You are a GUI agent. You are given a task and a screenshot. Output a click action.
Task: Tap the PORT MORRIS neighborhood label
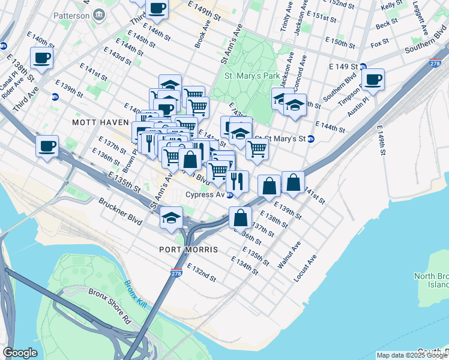(x=188, y=249)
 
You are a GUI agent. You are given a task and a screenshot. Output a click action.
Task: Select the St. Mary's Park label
(x=252, y=76)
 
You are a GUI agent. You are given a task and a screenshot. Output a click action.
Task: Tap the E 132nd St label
(x=201, y=272)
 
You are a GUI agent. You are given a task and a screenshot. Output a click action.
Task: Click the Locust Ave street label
(x=305, y=270)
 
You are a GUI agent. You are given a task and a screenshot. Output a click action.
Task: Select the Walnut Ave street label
(x=289, y=254)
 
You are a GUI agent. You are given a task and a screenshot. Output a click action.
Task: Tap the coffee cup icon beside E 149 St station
(x=373, y=79)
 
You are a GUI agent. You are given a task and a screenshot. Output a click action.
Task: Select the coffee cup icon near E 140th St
(x=42, y=58)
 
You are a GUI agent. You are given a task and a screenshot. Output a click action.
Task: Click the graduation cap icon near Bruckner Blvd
(x=171, y=217)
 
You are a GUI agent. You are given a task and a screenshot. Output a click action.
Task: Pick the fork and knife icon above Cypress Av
(x=237, y=181)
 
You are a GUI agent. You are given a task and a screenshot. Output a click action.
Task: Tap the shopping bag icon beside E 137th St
(x=240, y=217)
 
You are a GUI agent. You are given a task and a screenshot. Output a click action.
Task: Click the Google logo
(x=20, y=353)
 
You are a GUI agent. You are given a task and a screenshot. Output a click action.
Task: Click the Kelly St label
(x=392, y=5)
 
